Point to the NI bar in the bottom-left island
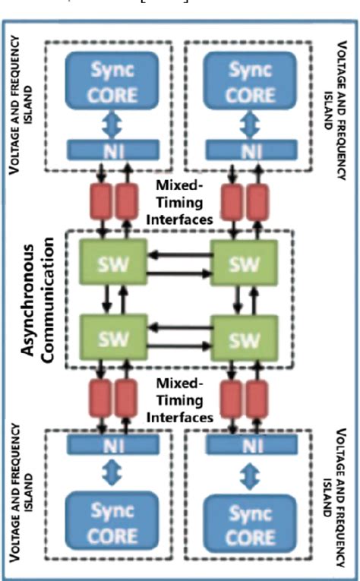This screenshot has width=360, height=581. tap(113, 445)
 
